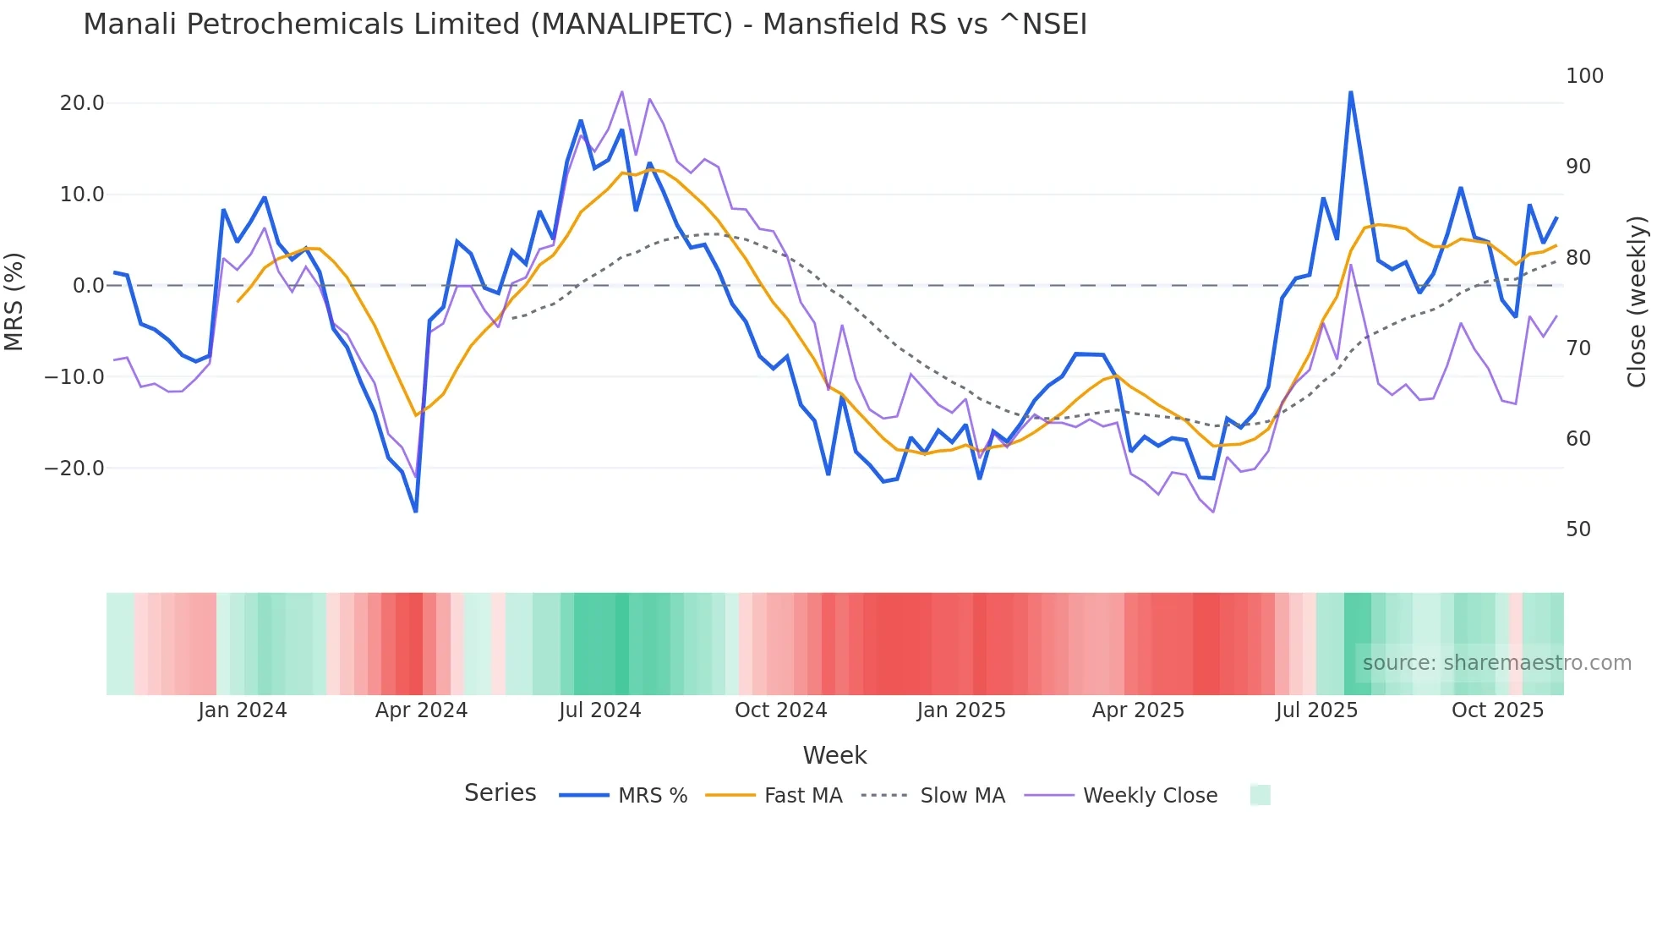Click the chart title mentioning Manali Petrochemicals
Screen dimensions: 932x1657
tap(585, 25)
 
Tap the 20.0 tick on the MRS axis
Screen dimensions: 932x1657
tap(82, 103)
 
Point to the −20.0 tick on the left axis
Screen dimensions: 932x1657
tap(74, 468)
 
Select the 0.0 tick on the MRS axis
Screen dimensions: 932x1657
tap(88, 286)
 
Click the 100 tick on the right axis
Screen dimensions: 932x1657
tap(1584, 76)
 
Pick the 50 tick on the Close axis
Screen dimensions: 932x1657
tap(1578, 529)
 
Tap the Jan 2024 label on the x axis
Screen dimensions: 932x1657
tap(243, 710)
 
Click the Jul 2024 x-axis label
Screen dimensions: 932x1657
tap(600, 710)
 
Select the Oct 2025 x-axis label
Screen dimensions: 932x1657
tap(1497, 710)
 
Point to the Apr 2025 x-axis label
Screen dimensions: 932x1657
tap(1138, 710)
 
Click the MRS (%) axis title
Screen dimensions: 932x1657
tap(14, 301)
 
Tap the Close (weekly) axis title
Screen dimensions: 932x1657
tap(1638, 301)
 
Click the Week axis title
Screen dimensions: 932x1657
tap(834, 755)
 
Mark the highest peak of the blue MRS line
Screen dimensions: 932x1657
tap(1350, 92)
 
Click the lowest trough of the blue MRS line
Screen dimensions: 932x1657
tap(416, 511)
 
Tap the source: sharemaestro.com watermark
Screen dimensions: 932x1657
tap(1496, 663)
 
